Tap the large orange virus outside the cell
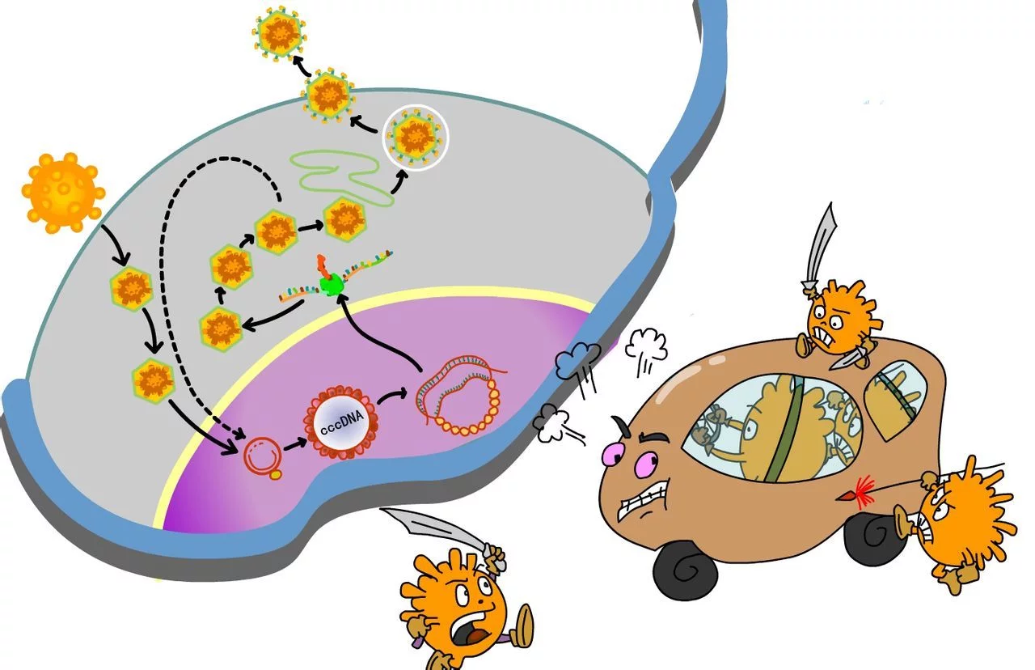click(x=62, y=192)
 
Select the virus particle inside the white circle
click(x=414, y=135)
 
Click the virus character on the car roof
click(x=834, y=315)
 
